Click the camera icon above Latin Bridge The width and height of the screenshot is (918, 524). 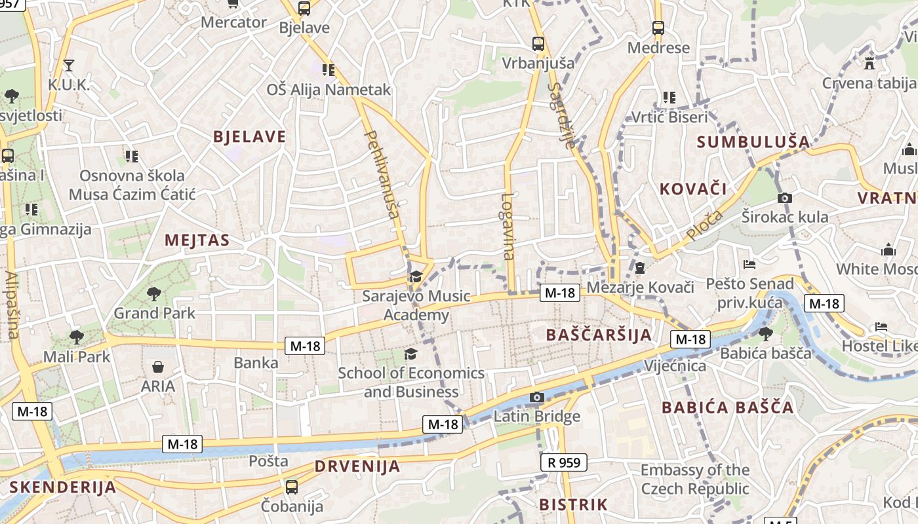coord(536,397)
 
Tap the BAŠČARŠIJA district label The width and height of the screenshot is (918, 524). coord(599,335)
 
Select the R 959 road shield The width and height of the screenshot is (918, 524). coord(563,462)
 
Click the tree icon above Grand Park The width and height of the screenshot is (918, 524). coord(154,294)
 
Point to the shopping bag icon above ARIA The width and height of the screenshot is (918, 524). coord(158,367)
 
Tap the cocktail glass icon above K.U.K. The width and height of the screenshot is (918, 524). coord(68,65)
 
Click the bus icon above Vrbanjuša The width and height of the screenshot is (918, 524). coord(538,44)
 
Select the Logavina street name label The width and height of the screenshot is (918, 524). coord(508,226)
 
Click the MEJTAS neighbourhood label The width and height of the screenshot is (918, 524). coord(197,240)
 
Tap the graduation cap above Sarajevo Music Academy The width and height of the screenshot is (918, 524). coord(416,277)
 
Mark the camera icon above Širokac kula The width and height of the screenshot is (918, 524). coord(784,198)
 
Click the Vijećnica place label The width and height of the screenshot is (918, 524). coord(675,365)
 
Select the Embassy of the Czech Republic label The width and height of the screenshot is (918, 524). coord(694,479)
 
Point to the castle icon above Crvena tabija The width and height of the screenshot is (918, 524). coord(869,64)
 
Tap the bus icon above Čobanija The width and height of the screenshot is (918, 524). coord(292,487)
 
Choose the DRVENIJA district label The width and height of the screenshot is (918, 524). coord(357,466)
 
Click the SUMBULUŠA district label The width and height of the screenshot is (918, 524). coord(753,141)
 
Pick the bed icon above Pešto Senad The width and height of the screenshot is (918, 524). coord(749,265)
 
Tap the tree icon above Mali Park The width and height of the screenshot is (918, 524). coord(77,337)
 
